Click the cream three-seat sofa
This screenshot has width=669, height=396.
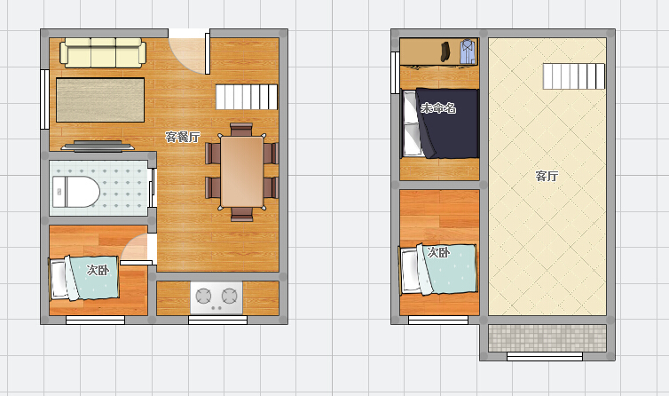(x=103, y=52)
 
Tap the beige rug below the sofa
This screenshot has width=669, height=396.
(x=100, y=100)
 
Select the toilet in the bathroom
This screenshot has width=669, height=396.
(x=76, y=192)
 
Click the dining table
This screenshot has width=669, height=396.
(x=242, y=171)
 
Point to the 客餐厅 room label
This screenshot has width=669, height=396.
(x=183, y=137)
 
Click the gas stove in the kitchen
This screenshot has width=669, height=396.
(x=216, y=297)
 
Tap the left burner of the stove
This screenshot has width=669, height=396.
(x=203, y=296)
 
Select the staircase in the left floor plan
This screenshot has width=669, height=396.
(x=246, y=97)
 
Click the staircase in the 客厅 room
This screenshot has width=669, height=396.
(x=573, y=76)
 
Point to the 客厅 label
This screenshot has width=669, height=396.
(x=547, y=176)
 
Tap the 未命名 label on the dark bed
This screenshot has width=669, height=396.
(x=438, y=108)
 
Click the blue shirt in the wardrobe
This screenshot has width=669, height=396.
(x=468, y=51)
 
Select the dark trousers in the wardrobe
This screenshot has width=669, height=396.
(x=446, y=51)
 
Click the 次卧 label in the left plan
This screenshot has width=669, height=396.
(x=98, y=270)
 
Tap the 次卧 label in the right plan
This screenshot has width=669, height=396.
(x=438, y=252)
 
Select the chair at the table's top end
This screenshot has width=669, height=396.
(x=241, y=129)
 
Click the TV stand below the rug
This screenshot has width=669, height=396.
(x=98, y=147)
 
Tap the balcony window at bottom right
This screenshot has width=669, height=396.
(x=545, y=356)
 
